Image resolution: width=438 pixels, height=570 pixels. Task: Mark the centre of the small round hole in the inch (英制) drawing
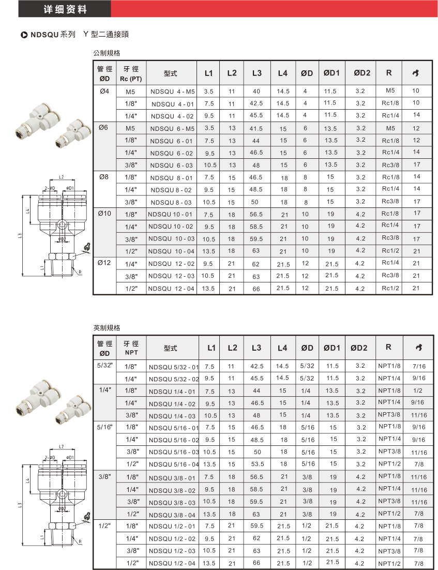coord(62,493)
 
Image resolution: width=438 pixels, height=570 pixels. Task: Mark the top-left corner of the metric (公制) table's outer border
coord(94,61)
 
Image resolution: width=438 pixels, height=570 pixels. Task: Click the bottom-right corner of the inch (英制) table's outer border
coord(434,569)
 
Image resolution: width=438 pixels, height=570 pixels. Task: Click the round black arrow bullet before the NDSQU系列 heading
coord(24,35)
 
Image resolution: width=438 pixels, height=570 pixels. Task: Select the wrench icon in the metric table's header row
coord(416,73)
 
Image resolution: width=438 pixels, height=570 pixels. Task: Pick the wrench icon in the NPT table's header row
coord(419,348)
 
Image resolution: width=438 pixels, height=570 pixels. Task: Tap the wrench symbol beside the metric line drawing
coord(86,247)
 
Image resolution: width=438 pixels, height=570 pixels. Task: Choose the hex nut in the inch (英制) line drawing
coord(62,526)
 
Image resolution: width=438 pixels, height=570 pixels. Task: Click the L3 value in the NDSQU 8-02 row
coord(256,189)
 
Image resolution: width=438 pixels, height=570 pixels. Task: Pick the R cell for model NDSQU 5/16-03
coord(389,451)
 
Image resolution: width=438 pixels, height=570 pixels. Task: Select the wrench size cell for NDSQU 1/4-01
coord(418,391)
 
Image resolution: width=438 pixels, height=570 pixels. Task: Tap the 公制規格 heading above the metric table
coord(107,53)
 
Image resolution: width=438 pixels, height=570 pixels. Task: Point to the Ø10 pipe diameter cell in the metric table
coord(104,214)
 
